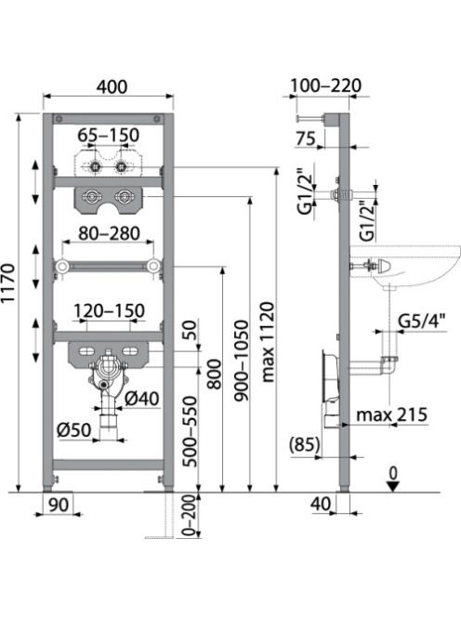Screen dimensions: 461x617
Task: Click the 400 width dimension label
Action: (112, 86)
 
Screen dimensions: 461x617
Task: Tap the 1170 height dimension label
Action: (8, 282)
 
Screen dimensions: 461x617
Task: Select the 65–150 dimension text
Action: (108, 135)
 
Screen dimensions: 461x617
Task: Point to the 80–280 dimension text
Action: (109, 233)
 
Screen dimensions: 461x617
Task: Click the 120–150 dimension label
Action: (110, 311)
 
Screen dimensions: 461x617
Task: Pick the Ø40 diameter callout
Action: (142, 399)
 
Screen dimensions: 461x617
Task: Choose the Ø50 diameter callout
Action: (74, 429)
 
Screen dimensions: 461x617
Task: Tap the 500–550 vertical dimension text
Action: (191, 432)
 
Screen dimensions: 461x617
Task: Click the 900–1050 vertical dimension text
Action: (242, 361)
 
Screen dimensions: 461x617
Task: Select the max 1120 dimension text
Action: (268, 342)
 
